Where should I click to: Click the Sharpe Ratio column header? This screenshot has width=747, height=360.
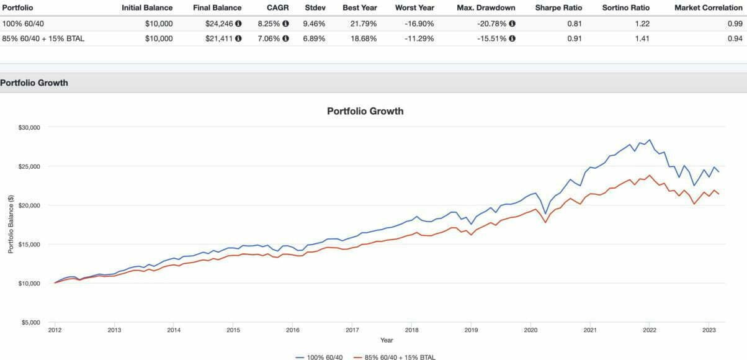point(558,8)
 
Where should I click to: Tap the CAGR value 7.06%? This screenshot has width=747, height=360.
point(268,38)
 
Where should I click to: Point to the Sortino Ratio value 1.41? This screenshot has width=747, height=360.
point(642,38)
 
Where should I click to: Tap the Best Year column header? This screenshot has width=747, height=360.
point(359,8)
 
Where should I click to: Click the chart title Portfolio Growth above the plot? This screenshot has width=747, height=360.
point(365,112)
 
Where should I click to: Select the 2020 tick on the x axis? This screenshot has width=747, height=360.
point(530,330)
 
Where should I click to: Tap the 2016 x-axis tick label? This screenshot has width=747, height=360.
point(292,330)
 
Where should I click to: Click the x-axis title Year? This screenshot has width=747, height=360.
point(387,340)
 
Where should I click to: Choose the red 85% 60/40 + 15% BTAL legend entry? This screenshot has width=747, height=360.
point(395,357)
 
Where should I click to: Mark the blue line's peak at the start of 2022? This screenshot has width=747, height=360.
point(650,140)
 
